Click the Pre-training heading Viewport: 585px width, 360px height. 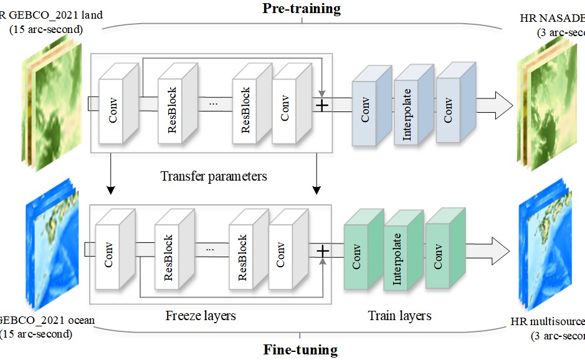click(x=302, y=8)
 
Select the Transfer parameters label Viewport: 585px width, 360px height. click(x=214, y=176)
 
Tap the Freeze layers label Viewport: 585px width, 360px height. click(x=201, y=316)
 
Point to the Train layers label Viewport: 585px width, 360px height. click(x=399, y=316)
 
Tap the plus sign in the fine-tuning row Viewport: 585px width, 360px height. click(x=323, y=250)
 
